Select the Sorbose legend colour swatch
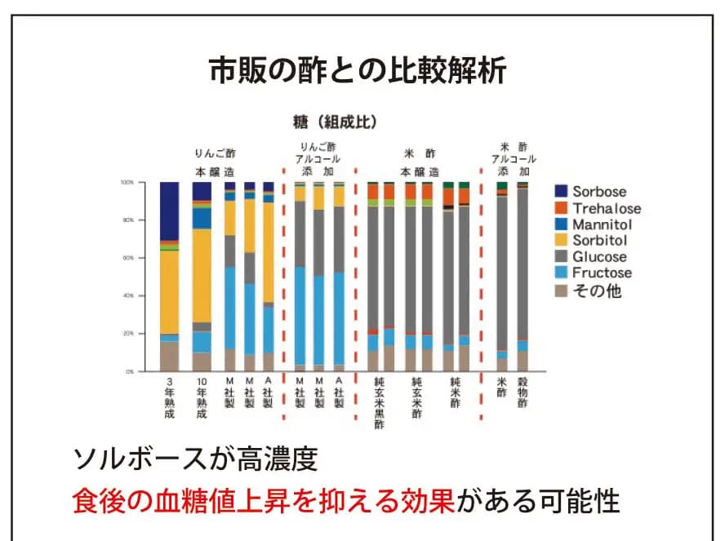pyautogui.click(x=562, y=192)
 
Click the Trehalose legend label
pyautogui.click(x=606, y=208)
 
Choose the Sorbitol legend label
pyautogui.click(x=599, y=241)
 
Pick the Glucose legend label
pyautogui.click(x=600, y=256)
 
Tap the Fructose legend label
pyautogui.click(x=602, y=273)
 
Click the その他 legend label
pyautogui.click(x=596, y=290)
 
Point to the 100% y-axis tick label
pyautogui.click(x=127, y=183)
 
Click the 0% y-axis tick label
pyautogui.click(x=130, y=371)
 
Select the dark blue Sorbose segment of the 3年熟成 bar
pyautogui.click(x=169, y=211)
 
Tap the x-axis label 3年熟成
pyautogui.click(x=169, y=397)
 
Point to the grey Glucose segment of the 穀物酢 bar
pyautogui.click(x=523, y=261)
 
